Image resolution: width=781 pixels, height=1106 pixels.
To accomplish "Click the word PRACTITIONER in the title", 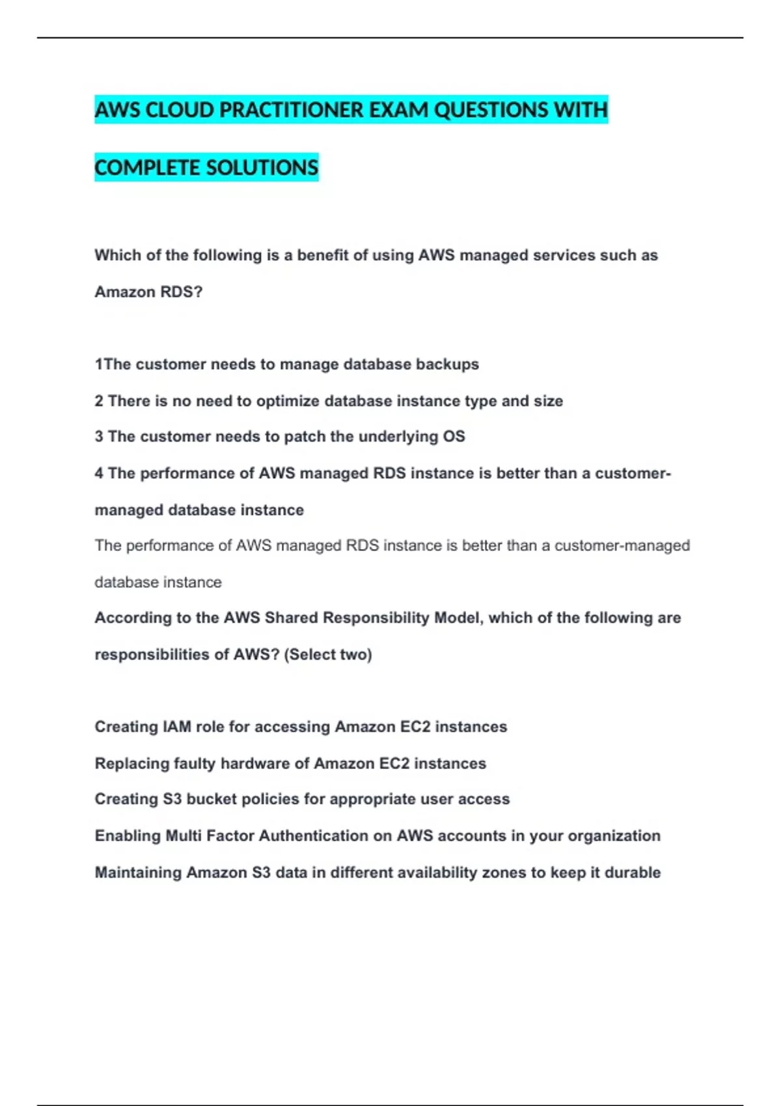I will pos(291,110).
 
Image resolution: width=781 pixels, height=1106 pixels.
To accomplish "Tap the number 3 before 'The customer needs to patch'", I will pos(99,437).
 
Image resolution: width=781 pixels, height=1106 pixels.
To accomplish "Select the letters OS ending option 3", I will pos(454,437).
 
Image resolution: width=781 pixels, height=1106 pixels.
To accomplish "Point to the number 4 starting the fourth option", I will pos(99,473).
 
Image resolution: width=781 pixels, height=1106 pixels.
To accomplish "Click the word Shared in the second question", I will pos(291,617).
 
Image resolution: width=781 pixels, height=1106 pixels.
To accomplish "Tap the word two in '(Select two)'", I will pos(356,654).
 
